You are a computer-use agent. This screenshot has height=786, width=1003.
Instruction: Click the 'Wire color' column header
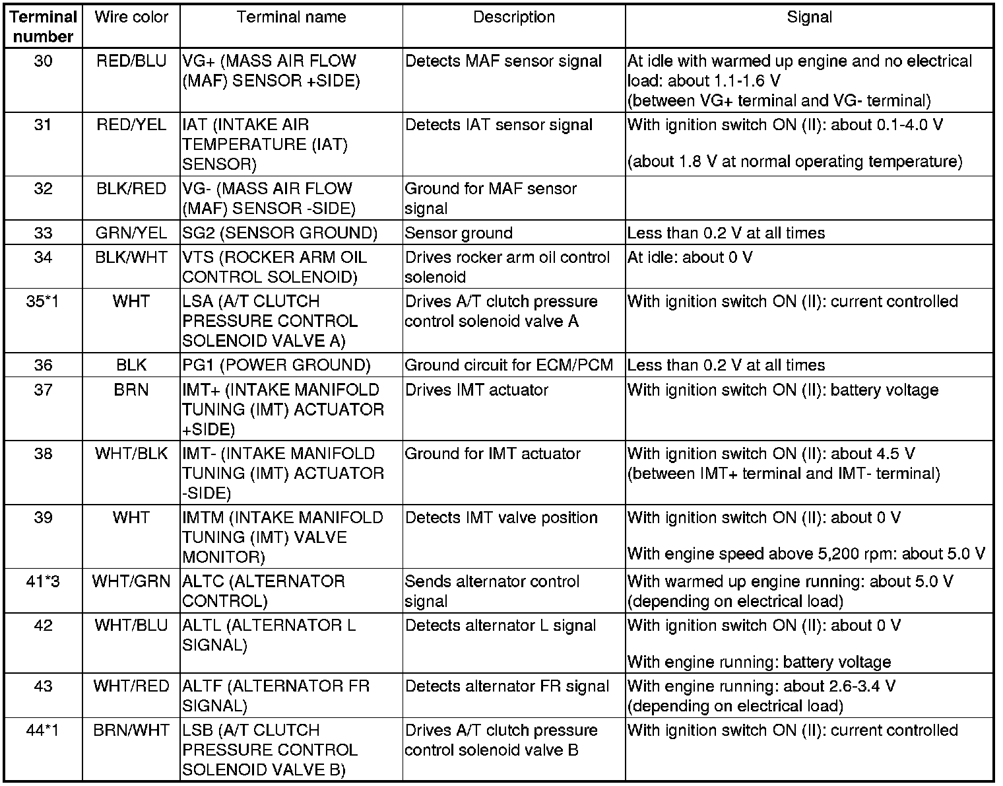coord(131,17)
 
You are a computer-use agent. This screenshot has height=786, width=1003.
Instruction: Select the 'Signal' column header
coord(809,17)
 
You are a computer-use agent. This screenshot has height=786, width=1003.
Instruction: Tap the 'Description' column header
coord(513,17)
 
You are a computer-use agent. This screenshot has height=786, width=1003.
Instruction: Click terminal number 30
coord(43,61)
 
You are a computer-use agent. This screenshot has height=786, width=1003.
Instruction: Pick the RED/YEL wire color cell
coord(131,125)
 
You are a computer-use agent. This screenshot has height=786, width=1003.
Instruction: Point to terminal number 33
coord(43,233)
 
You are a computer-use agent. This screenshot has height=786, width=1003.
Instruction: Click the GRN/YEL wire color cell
coord(131,233)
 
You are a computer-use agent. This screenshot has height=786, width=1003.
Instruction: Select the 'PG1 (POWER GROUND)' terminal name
coord(276,365)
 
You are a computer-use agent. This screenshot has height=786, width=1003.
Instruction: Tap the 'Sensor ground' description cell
coord(459,233)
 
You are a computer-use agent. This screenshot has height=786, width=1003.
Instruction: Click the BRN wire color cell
coord(131,390)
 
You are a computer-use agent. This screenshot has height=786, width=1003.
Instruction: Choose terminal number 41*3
coord(43,582)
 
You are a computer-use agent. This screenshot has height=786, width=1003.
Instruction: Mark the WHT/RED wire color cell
coord(131,686)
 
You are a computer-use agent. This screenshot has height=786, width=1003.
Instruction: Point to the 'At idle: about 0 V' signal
coord(690,258)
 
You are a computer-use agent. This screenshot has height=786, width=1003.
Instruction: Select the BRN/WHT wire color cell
coord(131,731)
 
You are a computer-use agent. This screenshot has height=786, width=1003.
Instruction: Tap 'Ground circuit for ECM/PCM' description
coord(508,365)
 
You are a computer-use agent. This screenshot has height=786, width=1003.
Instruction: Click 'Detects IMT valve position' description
coord(501,518)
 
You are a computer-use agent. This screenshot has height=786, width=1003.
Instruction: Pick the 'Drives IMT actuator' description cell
coord(476,390)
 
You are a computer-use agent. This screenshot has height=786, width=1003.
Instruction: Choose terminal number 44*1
coord(43,731)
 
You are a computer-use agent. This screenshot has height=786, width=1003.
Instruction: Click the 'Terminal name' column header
coord(291,17)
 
